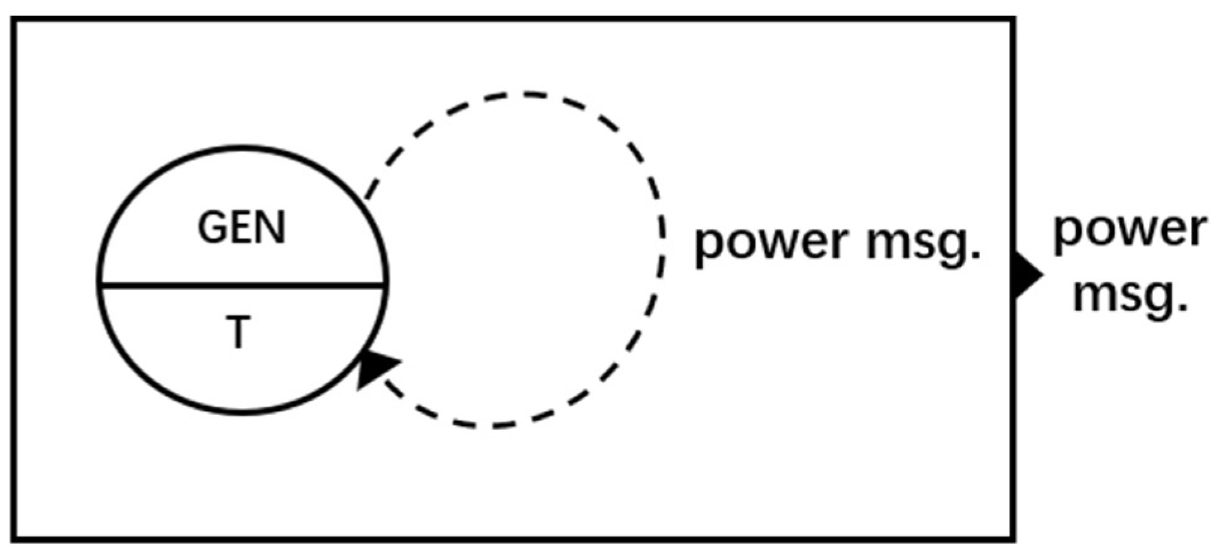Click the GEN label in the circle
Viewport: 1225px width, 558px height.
tap(242, 228)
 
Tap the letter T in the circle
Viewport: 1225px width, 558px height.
tap(238, 333)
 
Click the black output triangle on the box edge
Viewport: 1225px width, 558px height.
tap(1028, 275)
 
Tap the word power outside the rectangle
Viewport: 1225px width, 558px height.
tap(1130, 230)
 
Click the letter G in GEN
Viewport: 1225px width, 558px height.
tap(212, 228)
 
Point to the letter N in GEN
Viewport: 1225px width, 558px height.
tap(272, 228)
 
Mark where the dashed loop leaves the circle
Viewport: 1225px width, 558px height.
tap(366, 199)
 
